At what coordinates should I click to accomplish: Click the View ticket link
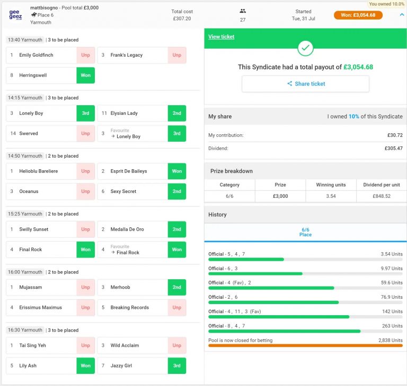point(221,36)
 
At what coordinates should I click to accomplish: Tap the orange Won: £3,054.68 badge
point(358,15)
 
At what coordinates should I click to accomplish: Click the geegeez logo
point(15,15)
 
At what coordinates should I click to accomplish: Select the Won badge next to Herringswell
point(85,75)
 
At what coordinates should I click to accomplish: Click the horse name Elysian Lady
point(124,113)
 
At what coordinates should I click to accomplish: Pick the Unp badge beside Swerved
point(85,133)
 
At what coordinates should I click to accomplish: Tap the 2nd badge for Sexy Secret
point(176,191)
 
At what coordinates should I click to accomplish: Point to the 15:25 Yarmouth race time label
point(25,214)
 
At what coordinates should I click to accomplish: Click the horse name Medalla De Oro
point(127,229)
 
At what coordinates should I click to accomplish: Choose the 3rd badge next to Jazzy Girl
point(176,365)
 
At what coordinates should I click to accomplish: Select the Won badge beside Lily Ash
point(85,365)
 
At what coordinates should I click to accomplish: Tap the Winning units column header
point(331,185)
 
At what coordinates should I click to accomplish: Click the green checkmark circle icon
point(305,48)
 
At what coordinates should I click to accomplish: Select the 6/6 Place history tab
point(305,232)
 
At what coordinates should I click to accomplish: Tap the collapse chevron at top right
point(401,15)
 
